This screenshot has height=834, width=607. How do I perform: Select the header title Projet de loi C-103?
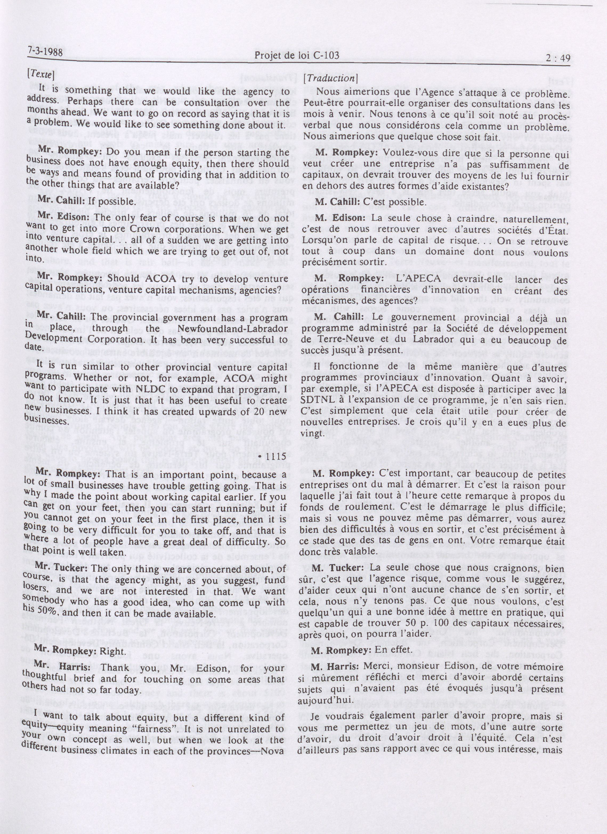click(297, 55)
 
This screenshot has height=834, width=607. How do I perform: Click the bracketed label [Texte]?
click(41, 74)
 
